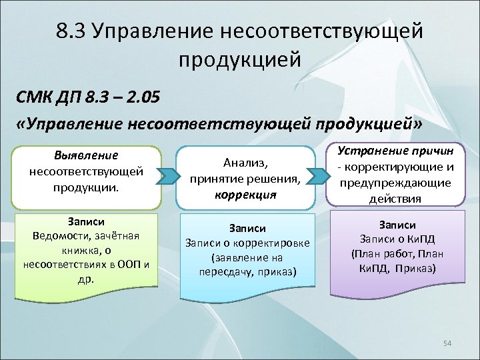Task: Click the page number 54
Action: click(x=447, y=343)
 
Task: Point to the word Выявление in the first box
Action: click(x=86, y=156)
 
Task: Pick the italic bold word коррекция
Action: click(x=245, y=195)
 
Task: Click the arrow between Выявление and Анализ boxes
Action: click(x=169, y=177)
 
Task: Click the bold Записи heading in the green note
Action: click(x=86, y=221)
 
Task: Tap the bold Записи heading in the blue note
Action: click(x=247, y=228)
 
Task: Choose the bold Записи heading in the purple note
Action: click(x=397, y=225)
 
